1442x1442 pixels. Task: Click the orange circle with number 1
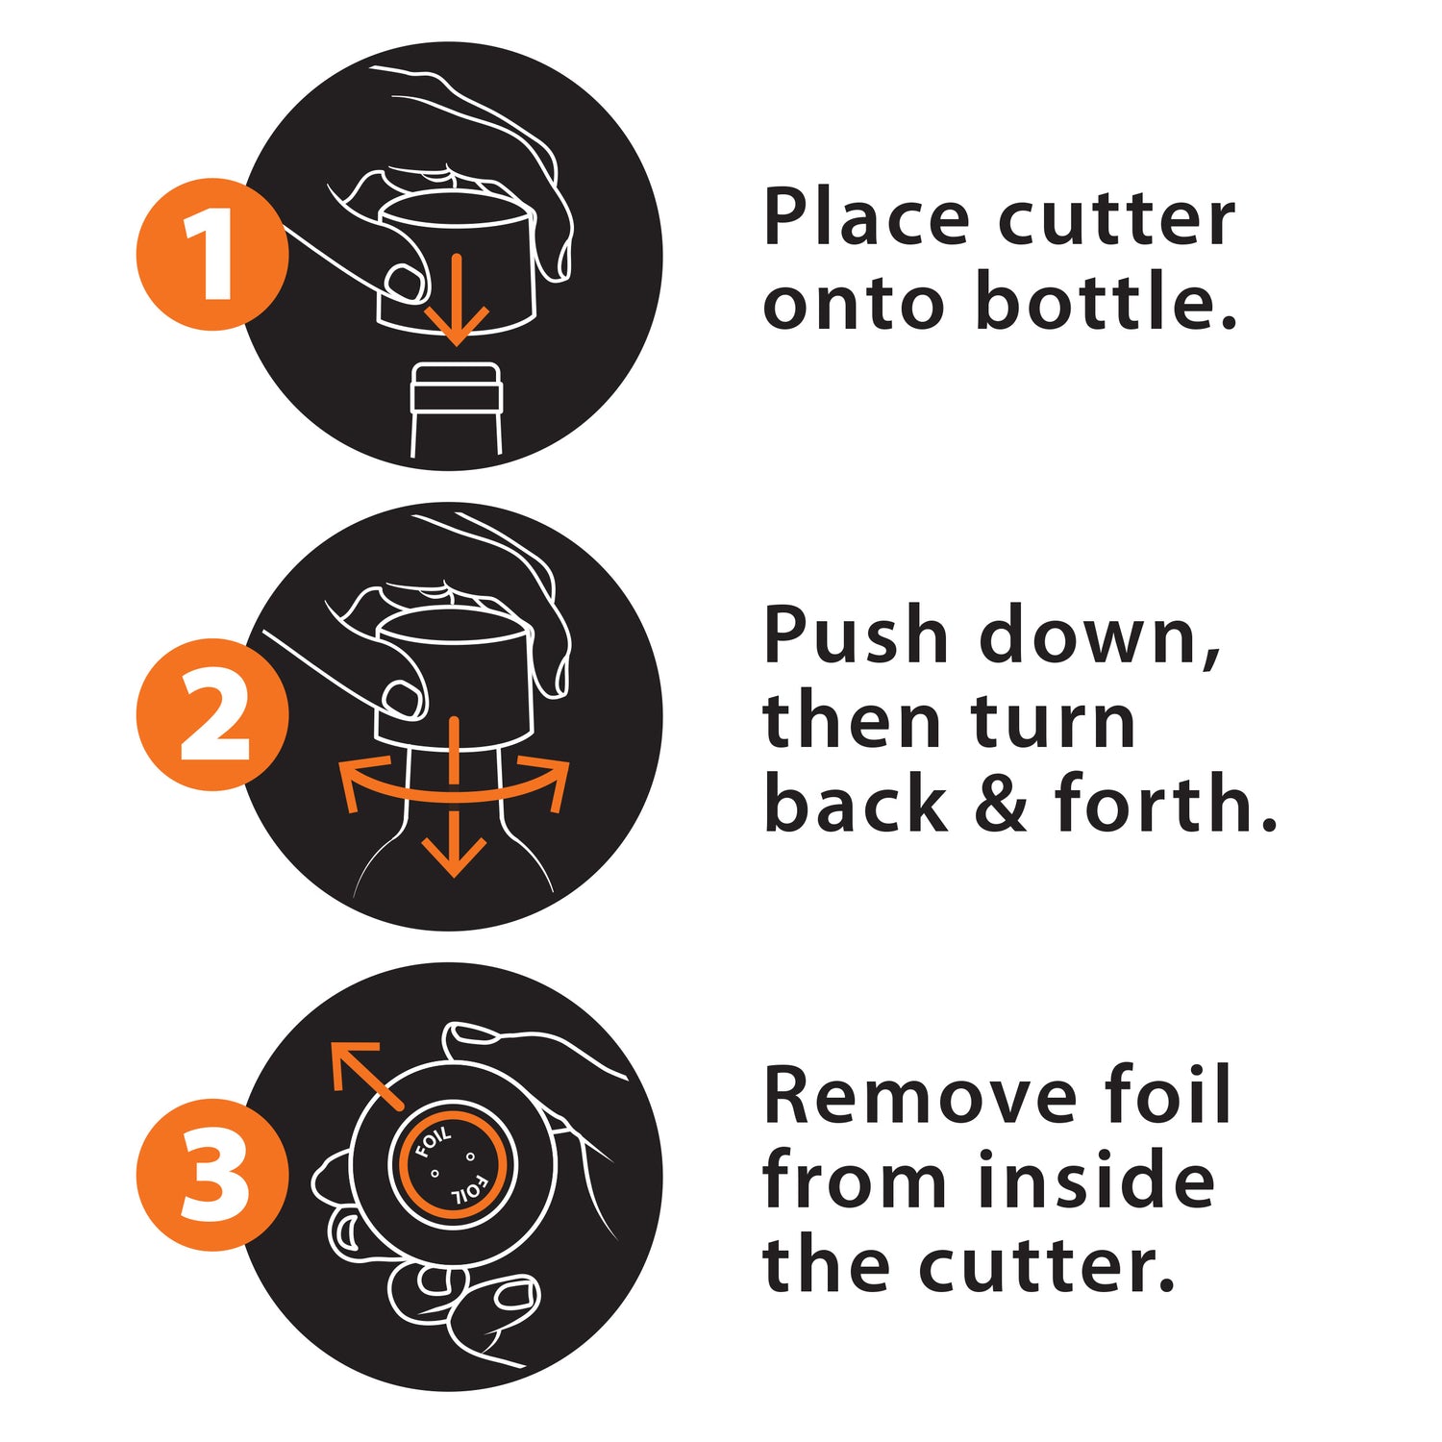(x=212, y=254)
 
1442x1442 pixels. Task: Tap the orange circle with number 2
(x=212, y=714)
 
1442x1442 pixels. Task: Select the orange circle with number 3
(x=212, y=1174)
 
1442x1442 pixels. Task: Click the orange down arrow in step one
(x=458, y=299)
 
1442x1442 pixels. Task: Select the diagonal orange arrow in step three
(x=366, y=1075)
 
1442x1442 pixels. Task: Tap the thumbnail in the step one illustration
(x=405, y=283)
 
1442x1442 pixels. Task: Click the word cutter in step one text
(x=1116, y=219)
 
